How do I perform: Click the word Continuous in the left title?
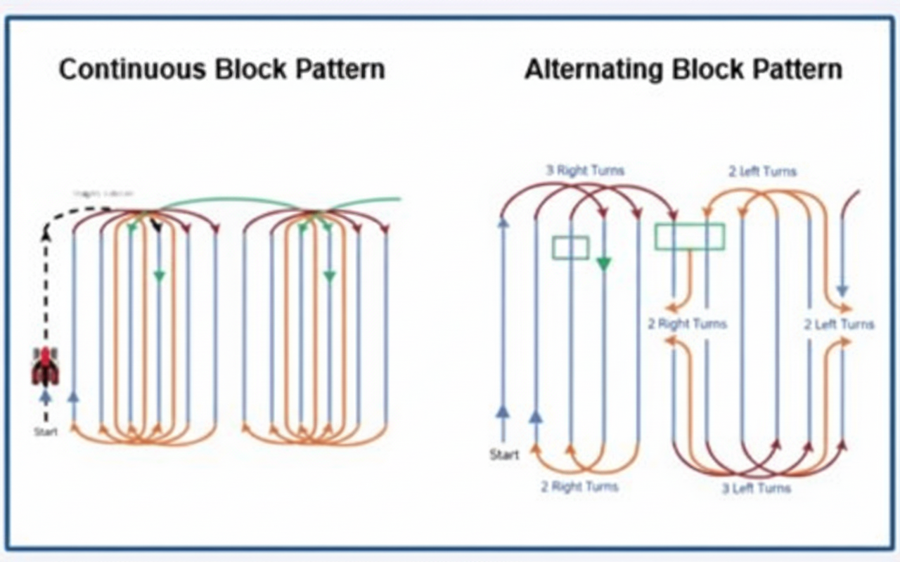click(132, 70)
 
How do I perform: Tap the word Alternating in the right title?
click(593, 70)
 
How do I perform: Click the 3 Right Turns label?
click(585, 171)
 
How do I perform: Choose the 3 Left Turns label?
click(756, 488)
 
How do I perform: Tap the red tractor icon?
click(46, 366)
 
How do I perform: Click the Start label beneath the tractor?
click(46, 431)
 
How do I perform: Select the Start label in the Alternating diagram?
click(504, 455)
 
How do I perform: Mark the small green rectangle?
click(570, 247)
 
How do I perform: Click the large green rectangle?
click(689, 237)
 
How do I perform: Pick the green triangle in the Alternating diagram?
click(603, 263)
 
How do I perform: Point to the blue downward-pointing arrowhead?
click(842, 290)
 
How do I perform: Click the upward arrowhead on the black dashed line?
click(46, 236)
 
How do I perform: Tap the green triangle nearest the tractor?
click(159, 277)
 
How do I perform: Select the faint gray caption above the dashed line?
click(103, 193)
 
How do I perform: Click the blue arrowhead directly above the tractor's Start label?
click(46, 398)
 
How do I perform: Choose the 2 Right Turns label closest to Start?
click(579, 487)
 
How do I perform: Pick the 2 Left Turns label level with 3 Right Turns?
click(762, 171)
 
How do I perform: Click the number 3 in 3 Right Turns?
click(550, 171)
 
